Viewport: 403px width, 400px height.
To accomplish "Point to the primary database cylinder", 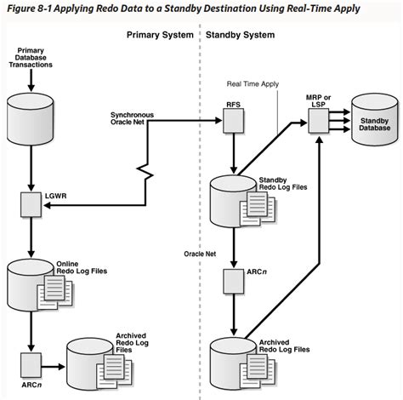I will coord(32,114).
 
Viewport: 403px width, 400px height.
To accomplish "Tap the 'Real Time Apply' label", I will coord(252,85).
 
